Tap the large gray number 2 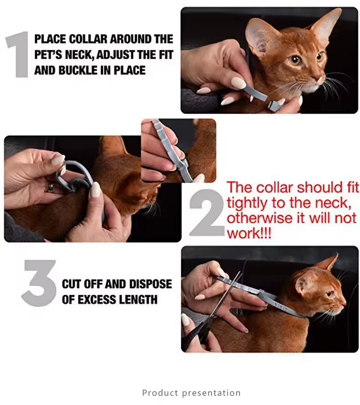pos(207,212)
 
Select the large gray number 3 pos(39,283)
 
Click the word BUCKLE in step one pos(78,70)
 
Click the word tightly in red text pos(247,203)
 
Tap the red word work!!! pos(249,234)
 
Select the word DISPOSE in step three pos(150,284)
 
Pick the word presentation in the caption pos(211,393)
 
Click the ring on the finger pos(51,187)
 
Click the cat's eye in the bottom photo pos(330,294)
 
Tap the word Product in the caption pos(160,393)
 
